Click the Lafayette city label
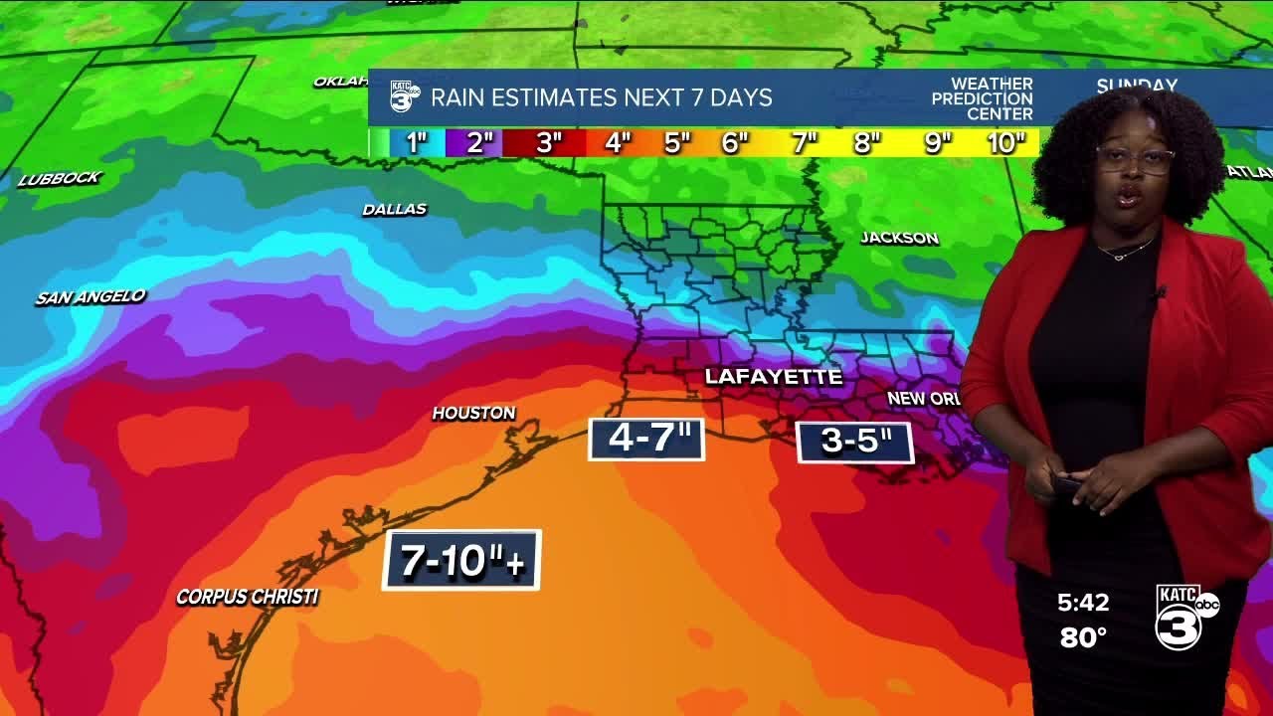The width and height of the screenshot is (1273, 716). (773, 377)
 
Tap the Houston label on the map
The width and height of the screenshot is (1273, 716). (473, 413)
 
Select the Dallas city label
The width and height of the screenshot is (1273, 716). (394, 209)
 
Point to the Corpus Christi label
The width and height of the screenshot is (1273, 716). (247, 597)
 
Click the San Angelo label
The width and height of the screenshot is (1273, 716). (91, 296)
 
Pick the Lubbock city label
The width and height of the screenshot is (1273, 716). (60, 179)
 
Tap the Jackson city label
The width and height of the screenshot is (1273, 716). (899, 238)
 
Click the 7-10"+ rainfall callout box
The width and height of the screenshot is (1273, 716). (461, 560)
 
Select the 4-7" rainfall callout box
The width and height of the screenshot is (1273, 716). (646, 439)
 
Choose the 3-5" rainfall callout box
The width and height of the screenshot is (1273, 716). (854, 442)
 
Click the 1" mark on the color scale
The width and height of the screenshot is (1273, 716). (416, 143)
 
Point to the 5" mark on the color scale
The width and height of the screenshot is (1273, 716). (677, 143)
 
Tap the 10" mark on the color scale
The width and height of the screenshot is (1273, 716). (1005, 143)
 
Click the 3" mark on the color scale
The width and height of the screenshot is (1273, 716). (548, 143)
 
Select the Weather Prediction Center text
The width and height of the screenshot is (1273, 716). (982, 98)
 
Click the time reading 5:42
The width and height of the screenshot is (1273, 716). (1083, 603)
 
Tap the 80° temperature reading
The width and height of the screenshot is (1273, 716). (1083, 637)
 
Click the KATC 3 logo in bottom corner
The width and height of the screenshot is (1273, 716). (1184, 616)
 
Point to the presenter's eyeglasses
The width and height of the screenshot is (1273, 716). (1134, 159)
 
